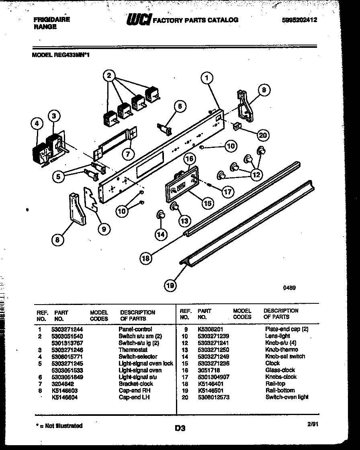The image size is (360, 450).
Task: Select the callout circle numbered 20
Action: point(262,135)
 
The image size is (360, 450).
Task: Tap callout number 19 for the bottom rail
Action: point(170,286)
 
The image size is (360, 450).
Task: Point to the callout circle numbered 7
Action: point(128,154)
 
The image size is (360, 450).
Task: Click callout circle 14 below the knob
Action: point(161,234)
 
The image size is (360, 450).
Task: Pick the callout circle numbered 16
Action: point(190,159)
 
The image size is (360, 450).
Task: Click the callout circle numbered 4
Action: point(37,125)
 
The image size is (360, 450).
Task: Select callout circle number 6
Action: point(180,106)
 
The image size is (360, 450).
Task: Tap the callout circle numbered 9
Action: point(104,229)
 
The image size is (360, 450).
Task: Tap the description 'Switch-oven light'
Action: point(287,397)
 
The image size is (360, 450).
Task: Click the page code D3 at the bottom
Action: point(180,429)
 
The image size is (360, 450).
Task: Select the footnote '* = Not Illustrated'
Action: point(57,425)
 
